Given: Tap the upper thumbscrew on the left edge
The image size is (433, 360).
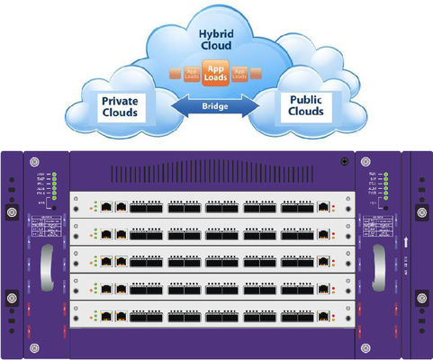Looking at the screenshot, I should point(12,213).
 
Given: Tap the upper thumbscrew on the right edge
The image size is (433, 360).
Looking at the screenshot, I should point(419,213).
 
